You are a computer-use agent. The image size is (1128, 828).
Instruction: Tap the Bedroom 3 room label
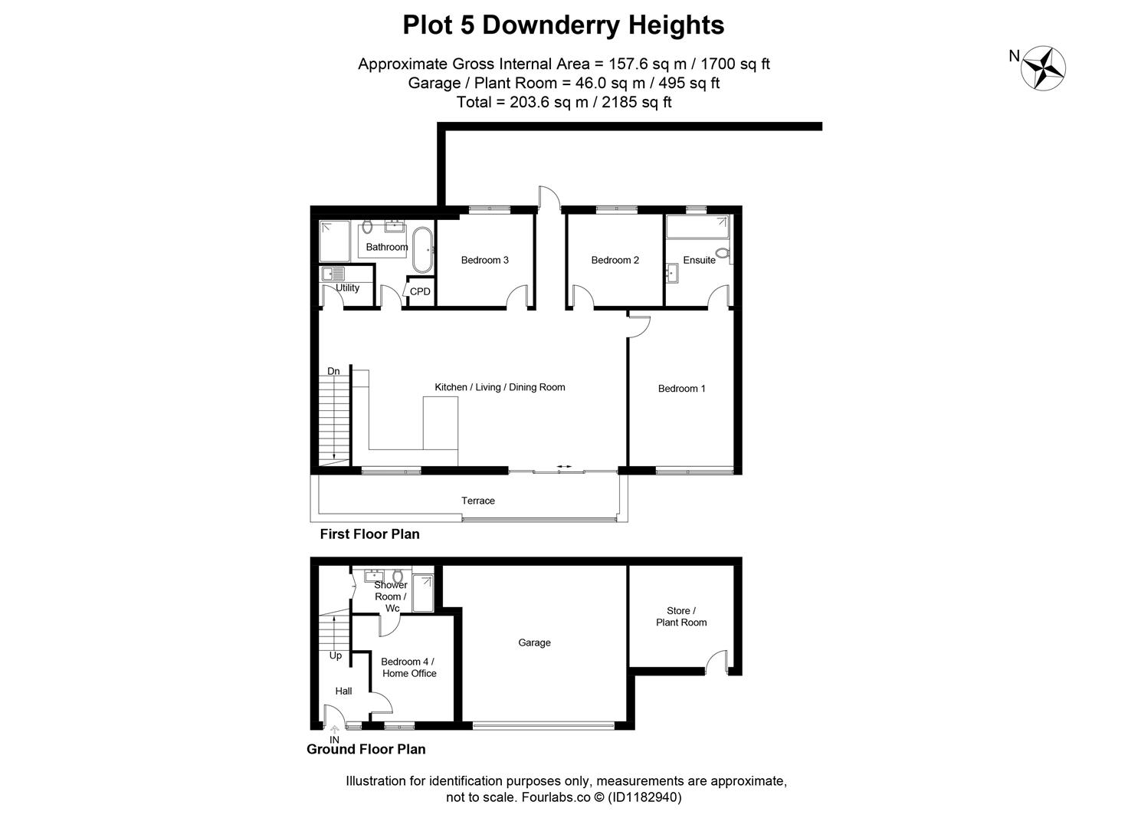click(x=484, y=260)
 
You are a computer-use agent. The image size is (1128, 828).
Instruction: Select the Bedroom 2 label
click(x=615, y=260)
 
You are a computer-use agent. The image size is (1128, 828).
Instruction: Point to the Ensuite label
click(x=699, y=260)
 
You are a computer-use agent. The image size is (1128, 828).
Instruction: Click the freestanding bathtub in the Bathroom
click(x=422, y=248)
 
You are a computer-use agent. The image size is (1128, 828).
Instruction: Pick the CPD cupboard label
click(x=420, y=291)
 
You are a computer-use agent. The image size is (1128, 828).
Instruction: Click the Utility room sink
click(x=333, y=273)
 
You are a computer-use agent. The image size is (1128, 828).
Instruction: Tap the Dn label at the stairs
click(x=333, y=371)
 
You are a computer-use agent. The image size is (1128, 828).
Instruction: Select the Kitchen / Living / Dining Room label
click(x=500, y=387)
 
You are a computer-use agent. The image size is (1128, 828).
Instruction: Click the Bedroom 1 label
click(x=681, y=389)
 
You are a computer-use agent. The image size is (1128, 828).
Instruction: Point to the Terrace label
click(x=477, y=501)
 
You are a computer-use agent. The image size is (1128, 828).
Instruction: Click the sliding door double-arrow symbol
click(x=564, y=466)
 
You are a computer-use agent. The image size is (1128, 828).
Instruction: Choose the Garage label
click(x=534, y=642)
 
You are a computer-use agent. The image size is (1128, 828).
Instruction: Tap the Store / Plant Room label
click(x=680, y=616)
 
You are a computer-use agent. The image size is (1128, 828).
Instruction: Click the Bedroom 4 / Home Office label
click(x=408, y=667)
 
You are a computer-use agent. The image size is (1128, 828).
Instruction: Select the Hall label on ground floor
click(x=343, y=691)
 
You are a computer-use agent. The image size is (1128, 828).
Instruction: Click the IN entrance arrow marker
click(x=334, y=731)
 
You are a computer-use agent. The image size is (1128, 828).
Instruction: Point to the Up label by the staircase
click(x=336, y=655)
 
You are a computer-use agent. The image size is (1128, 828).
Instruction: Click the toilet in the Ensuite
click(x=721, y=253)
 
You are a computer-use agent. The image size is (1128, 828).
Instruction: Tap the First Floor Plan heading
click(x=369, y=534)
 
